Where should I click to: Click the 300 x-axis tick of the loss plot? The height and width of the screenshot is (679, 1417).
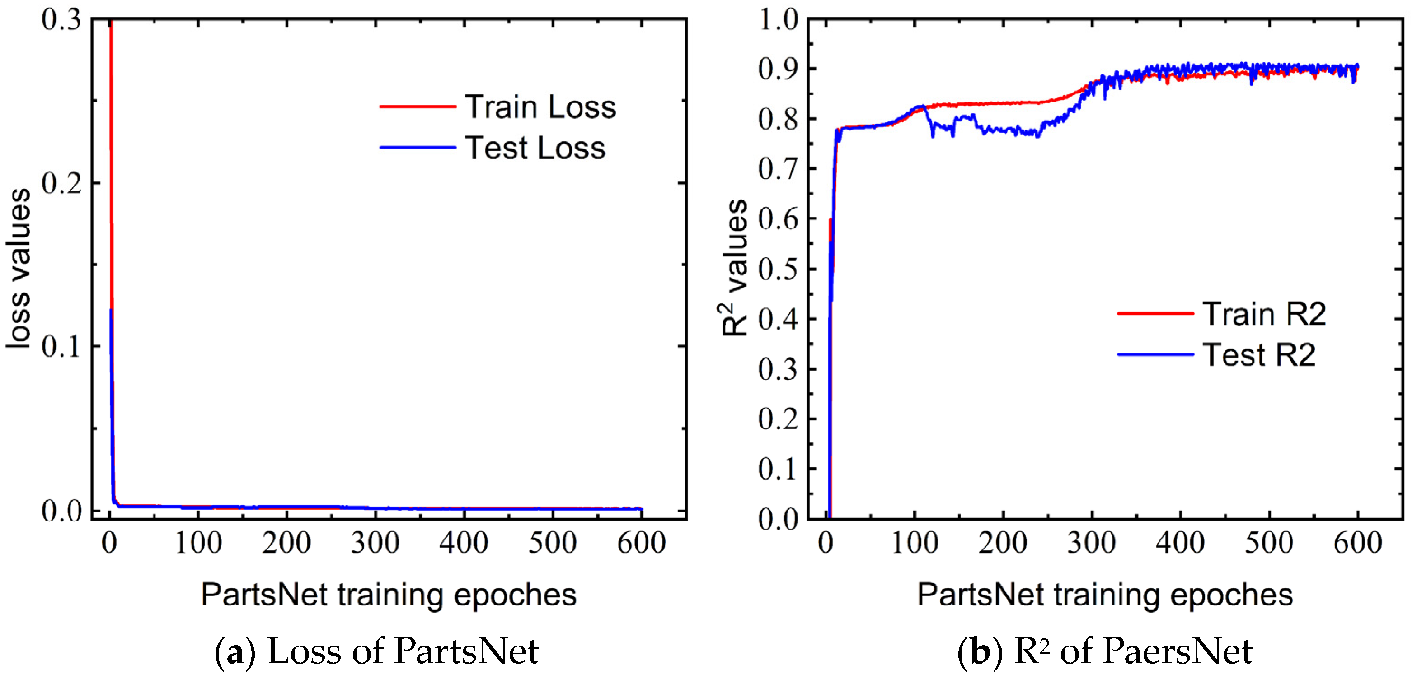tap(375, 543)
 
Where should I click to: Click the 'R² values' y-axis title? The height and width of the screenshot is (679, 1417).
tap(735, 268)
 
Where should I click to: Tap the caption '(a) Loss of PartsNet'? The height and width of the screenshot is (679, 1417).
tap(376, 651)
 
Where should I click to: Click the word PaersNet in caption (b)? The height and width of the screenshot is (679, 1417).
tap(1177, 651)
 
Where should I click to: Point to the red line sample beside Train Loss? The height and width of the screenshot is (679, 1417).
tap(418, 107)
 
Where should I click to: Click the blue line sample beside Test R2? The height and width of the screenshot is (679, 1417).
tap(1155, 354)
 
